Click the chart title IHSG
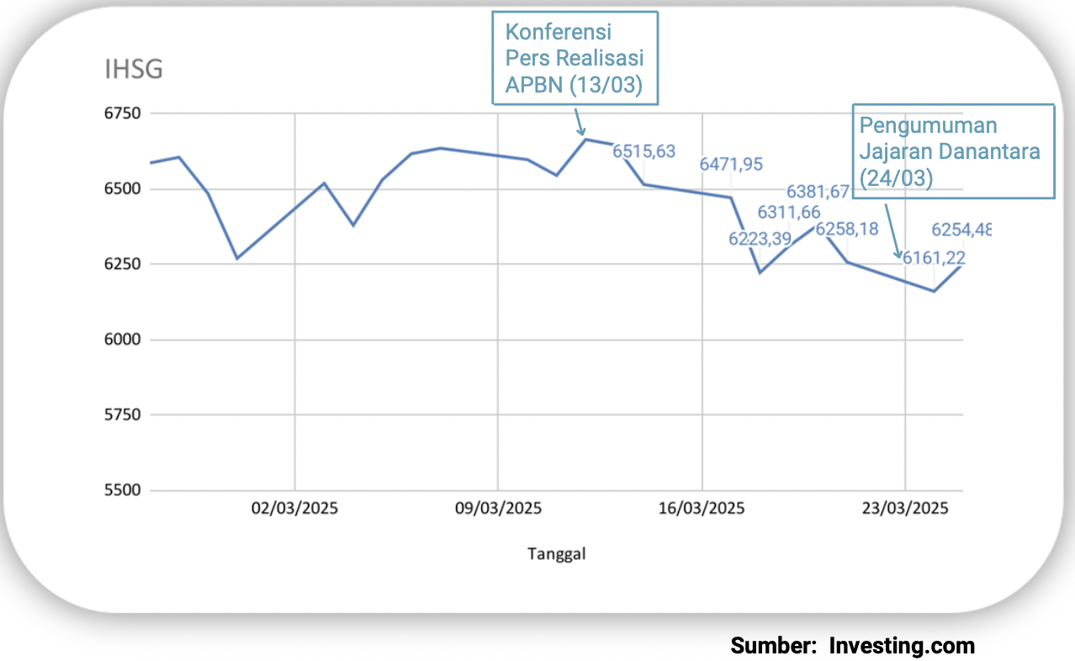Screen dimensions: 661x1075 coord(133,70)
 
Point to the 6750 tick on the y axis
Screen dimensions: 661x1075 coord(123,114)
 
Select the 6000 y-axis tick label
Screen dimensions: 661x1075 coord(123,340)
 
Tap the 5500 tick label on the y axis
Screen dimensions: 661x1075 coord(123,490)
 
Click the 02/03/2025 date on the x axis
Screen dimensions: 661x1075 coord(294,509)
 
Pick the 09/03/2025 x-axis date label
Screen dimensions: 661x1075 coord(498,509)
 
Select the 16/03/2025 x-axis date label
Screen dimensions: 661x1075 coord(702,509)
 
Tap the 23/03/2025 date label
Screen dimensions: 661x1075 coord(905,509)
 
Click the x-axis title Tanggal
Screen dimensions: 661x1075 coord(556,553)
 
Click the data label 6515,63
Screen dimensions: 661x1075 coord(643,151)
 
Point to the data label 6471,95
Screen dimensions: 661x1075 coord(731,164)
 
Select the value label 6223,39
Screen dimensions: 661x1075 coord(760,239)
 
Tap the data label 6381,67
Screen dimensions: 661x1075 coord(818,192)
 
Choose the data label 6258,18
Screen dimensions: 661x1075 coord(847,230)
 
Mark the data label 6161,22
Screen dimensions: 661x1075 coord(934,258)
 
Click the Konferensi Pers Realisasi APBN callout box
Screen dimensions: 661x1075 coord(574,59)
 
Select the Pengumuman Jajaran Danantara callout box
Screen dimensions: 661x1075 coord(953,151)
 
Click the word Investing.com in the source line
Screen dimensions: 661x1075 coord(902,646)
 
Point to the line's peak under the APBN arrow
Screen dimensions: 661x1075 coord(585,140)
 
